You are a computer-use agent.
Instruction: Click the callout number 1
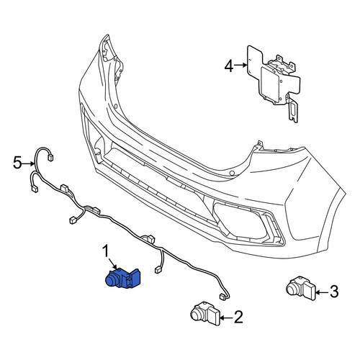pos(106,251)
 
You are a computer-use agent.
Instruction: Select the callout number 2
pos(238,317)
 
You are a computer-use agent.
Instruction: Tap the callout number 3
pos(334,292)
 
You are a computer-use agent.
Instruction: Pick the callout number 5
pos(17,163)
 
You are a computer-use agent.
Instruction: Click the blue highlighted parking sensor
pos(122,278)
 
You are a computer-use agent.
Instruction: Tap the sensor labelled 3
pos(301,288)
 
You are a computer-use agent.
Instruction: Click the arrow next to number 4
pos(240,65)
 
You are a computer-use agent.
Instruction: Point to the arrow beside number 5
pos(28,163)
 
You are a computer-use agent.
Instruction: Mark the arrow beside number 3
pos(322,292)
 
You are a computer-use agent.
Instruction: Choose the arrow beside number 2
pos(226,318)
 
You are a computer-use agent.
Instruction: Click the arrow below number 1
pos(112,264)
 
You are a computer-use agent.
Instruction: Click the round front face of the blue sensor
pos(112,281)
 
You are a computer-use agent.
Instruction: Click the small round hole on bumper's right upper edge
pos(232,173)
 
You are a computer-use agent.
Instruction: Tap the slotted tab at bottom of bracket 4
pos(292,109)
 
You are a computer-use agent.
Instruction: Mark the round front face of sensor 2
pos(197,314)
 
